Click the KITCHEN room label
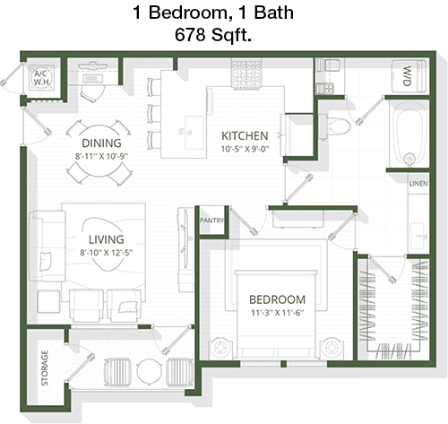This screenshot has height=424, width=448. (245, 136)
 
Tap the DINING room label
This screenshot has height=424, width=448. (101, 143)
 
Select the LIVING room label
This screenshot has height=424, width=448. (107, 239)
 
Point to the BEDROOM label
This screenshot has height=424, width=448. (278, 299)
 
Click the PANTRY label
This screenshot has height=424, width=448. (211, 221)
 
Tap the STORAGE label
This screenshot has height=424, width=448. (45, 368)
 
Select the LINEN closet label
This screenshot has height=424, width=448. (418, 184)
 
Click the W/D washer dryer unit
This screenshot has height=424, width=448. (409, 76)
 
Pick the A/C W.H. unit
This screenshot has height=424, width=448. (42, 77)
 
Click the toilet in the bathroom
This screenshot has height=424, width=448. (335, 126)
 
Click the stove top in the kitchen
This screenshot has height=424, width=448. (246, 74)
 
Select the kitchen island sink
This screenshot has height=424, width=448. (194, 133)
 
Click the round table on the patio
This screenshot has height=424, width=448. (150, 371)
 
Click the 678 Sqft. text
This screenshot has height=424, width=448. (213, 34)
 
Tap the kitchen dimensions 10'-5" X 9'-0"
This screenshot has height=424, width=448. (245, 149)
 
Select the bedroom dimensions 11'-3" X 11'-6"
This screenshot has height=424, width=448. (278, 313)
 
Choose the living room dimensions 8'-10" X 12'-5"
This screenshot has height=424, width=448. (107, 253)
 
